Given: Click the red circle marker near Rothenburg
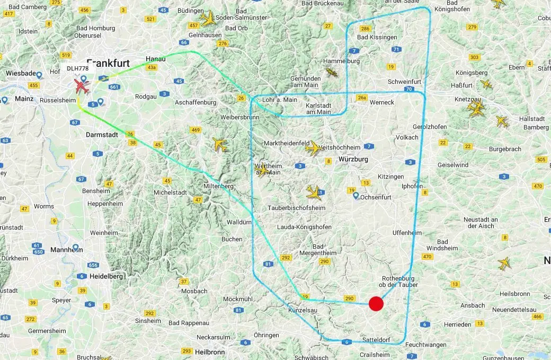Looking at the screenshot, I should coord(376,304).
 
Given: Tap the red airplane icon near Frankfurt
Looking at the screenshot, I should coord(82,85).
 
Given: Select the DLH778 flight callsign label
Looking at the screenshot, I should coord(77,68).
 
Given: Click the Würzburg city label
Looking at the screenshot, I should coord(353,159).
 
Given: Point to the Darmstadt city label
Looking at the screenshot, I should coord(102,135).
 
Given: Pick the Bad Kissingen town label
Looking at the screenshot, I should coord(377,37).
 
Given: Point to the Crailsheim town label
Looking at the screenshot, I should coord(375,355).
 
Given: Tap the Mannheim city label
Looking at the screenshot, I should coord(66,250).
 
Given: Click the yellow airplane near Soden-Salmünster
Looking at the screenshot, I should coord(208,19).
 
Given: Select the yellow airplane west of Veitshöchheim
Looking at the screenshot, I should coord(313,148).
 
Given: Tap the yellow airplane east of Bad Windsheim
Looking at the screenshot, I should coord(504,262).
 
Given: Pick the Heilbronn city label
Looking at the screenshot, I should coord(210,352).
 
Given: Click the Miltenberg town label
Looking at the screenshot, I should coord(219,186).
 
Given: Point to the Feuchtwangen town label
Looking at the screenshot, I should coord(426,345).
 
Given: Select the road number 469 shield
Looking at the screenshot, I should coord(196,130).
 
